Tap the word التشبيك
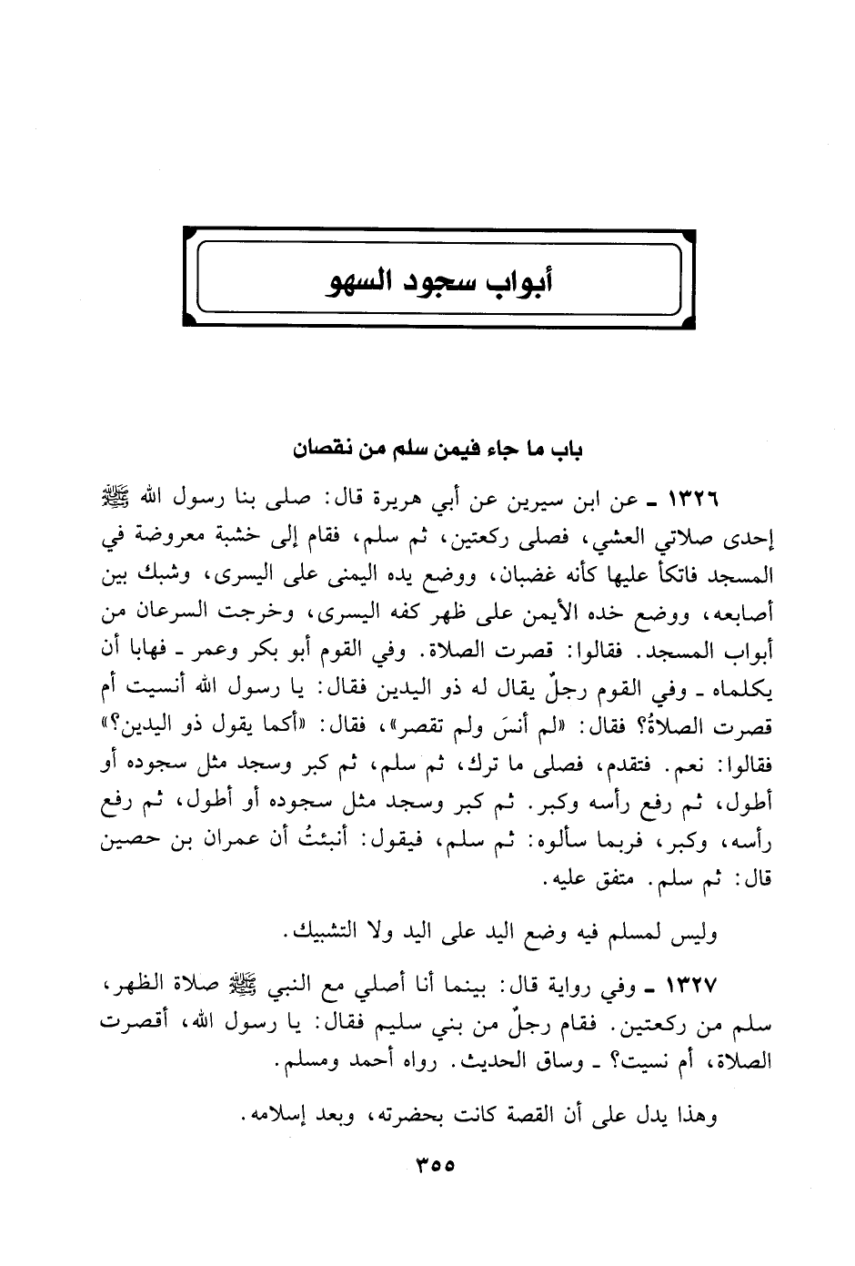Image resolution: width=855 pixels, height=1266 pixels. (x=325, y=933)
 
